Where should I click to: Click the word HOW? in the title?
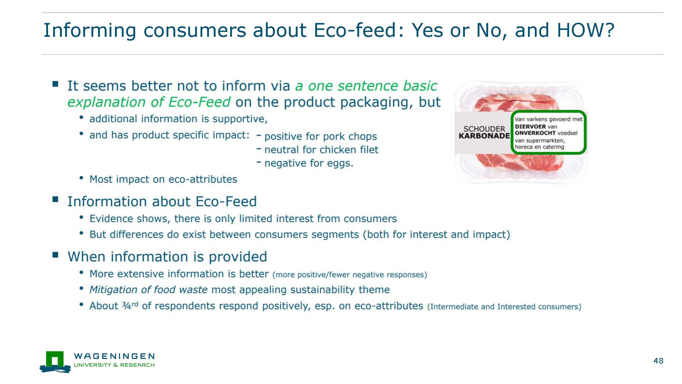[586, 30]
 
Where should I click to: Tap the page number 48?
[659, 361]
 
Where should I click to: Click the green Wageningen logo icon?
[55, 362]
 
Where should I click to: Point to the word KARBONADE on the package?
[484, 136]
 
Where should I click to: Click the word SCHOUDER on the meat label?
[484, 129]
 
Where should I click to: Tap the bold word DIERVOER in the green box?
[530, 127]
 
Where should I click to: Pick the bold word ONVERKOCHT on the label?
[535, 133]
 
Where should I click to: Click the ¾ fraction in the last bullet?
[126, 306]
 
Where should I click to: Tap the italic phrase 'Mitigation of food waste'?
[148, 290]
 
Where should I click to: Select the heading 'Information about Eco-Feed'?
[162, 201]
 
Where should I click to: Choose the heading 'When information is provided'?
[167, 257]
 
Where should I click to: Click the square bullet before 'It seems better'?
[55, 84]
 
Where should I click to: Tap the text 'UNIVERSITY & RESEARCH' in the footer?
[114, 365]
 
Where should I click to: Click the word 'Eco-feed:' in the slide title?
[359, 30]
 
